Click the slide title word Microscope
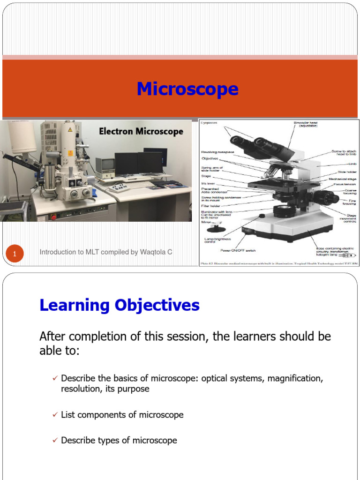187,89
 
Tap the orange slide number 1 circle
15,254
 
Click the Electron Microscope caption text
141,132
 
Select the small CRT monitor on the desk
105,165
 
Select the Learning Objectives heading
120,305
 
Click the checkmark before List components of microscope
55,415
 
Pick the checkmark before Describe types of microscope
55,440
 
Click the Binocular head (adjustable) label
305,124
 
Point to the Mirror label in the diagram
206,222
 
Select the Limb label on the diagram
352,165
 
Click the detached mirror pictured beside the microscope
216,229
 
